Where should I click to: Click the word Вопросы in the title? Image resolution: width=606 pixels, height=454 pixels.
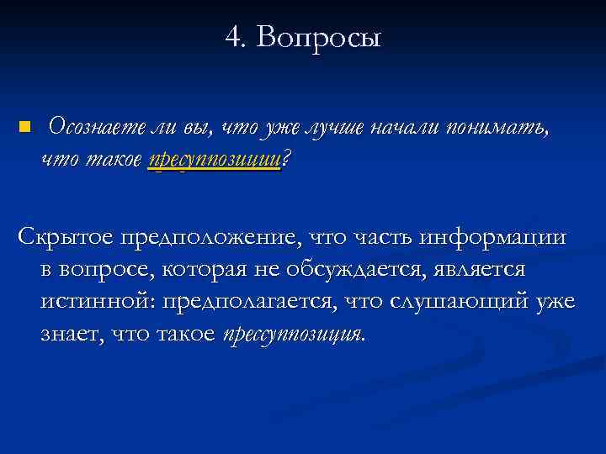tap(319, 37)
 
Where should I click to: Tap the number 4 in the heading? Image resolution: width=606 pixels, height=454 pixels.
tap(233, 37)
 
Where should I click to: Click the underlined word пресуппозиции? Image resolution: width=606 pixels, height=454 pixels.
tap(214, 160)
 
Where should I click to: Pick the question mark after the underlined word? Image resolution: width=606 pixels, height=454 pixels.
tap(284, 159)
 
